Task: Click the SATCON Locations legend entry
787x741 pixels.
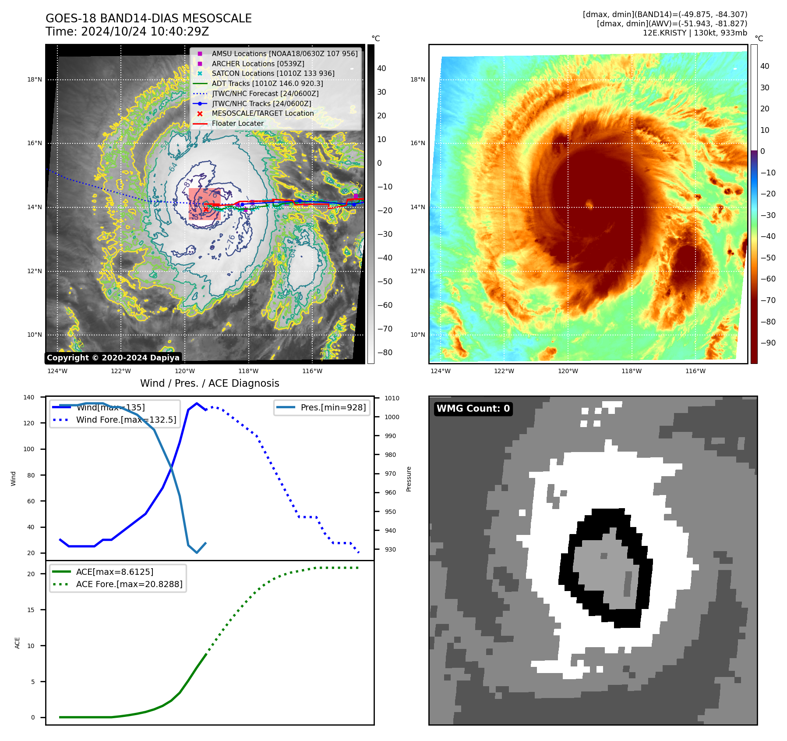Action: point(273,73)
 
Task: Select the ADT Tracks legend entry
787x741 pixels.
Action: point(267,83)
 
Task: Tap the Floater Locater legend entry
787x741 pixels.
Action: point(237,124)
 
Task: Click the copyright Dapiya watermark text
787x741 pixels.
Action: point(113,358)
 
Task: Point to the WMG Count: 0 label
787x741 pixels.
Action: point(473,409)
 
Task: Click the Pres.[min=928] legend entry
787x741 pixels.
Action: point(333,407)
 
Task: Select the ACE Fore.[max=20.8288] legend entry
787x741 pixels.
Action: point(129,584)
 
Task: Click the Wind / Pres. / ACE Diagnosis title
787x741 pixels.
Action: point(209,383)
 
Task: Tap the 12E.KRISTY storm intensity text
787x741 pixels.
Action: point(695,33)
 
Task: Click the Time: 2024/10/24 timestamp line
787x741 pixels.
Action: point(127,32)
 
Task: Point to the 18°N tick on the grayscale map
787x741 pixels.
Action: point(35,80)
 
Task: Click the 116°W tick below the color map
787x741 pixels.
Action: point(695,371)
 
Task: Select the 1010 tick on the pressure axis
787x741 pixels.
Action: point(392,398)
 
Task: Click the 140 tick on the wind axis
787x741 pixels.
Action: point(29,397)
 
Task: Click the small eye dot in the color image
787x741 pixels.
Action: point(589,204)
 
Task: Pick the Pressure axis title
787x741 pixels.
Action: point(409,479)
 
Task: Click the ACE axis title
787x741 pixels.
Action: point(18,643)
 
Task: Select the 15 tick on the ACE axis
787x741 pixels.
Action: point(31,610)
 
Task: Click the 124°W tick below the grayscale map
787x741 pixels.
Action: point(57,371)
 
